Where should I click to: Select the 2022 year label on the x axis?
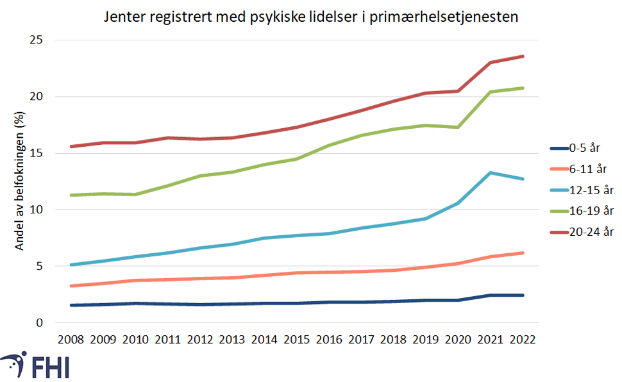(x=523, y=339)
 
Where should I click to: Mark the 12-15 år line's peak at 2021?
(x=491, y=172)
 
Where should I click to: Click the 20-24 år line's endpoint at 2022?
(x=523, y=56)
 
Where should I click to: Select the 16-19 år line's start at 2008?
(x=71, y=195)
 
